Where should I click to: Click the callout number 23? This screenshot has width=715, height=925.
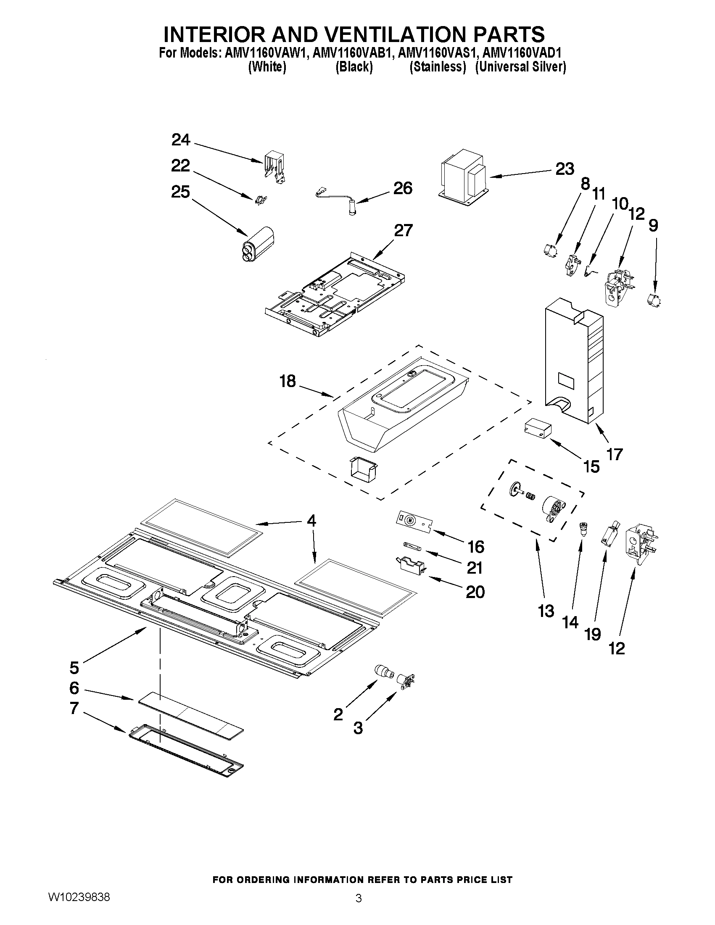point(565,169)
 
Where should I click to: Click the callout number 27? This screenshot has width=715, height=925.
point(403,230)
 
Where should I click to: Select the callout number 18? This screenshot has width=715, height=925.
point(288,381)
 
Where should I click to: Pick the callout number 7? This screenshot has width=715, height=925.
point(74,708)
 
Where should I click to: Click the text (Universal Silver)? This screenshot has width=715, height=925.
point(520,67)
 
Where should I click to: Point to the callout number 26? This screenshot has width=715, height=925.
point(402,188)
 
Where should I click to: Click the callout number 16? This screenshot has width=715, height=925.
point(476,547)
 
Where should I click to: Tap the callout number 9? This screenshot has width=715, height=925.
point(653,225)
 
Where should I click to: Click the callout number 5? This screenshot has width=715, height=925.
point(74,668)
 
